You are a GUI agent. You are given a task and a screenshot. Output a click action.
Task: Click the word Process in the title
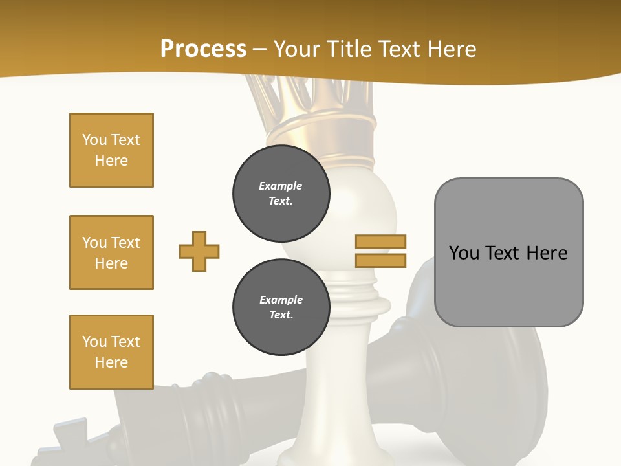203,49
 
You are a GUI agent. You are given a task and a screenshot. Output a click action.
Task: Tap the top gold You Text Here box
111,150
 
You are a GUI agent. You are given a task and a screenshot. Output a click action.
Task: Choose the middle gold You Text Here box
111,252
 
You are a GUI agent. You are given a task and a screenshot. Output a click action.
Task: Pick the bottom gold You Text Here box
111,352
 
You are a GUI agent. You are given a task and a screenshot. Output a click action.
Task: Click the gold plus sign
199,251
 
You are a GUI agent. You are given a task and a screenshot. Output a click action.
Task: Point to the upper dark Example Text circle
281,194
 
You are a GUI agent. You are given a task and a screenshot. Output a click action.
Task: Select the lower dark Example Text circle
281,307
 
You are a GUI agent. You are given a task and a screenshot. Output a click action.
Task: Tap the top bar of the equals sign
381,241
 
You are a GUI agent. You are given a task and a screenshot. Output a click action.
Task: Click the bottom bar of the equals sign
381,260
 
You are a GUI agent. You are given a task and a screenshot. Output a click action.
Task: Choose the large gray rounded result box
508,252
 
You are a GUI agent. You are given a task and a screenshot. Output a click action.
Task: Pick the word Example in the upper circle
281,186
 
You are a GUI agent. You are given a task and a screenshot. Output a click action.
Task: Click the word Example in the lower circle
281,300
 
